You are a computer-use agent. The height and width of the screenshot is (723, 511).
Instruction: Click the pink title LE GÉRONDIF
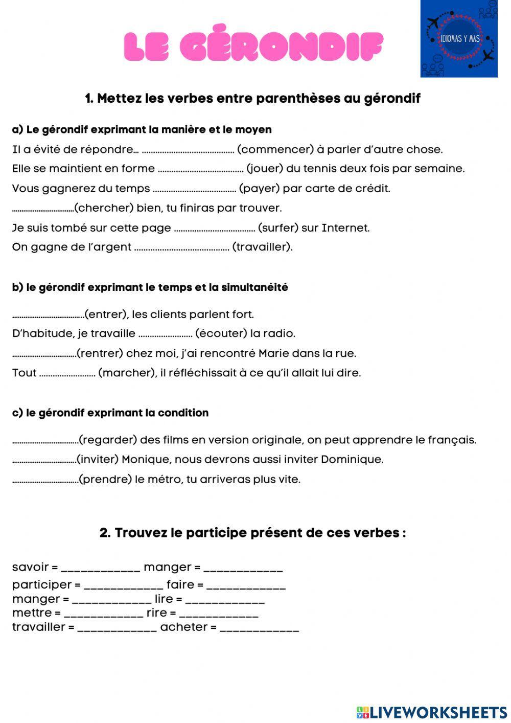coord(253,47)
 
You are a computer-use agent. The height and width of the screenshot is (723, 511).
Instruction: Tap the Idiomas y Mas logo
coord(458,39)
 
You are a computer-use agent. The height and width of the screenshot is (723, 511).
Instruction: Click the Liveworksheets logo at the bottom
coord(432,712)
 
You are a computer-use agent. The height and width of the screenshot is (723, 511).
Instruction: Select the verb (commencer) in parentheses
coord(276,150)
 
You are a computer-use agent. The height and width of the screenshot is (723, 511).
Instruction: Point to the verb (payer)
coord(259,189)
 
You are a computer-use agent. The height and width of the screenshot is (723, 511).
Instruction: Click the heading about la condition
coord(110,413)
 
